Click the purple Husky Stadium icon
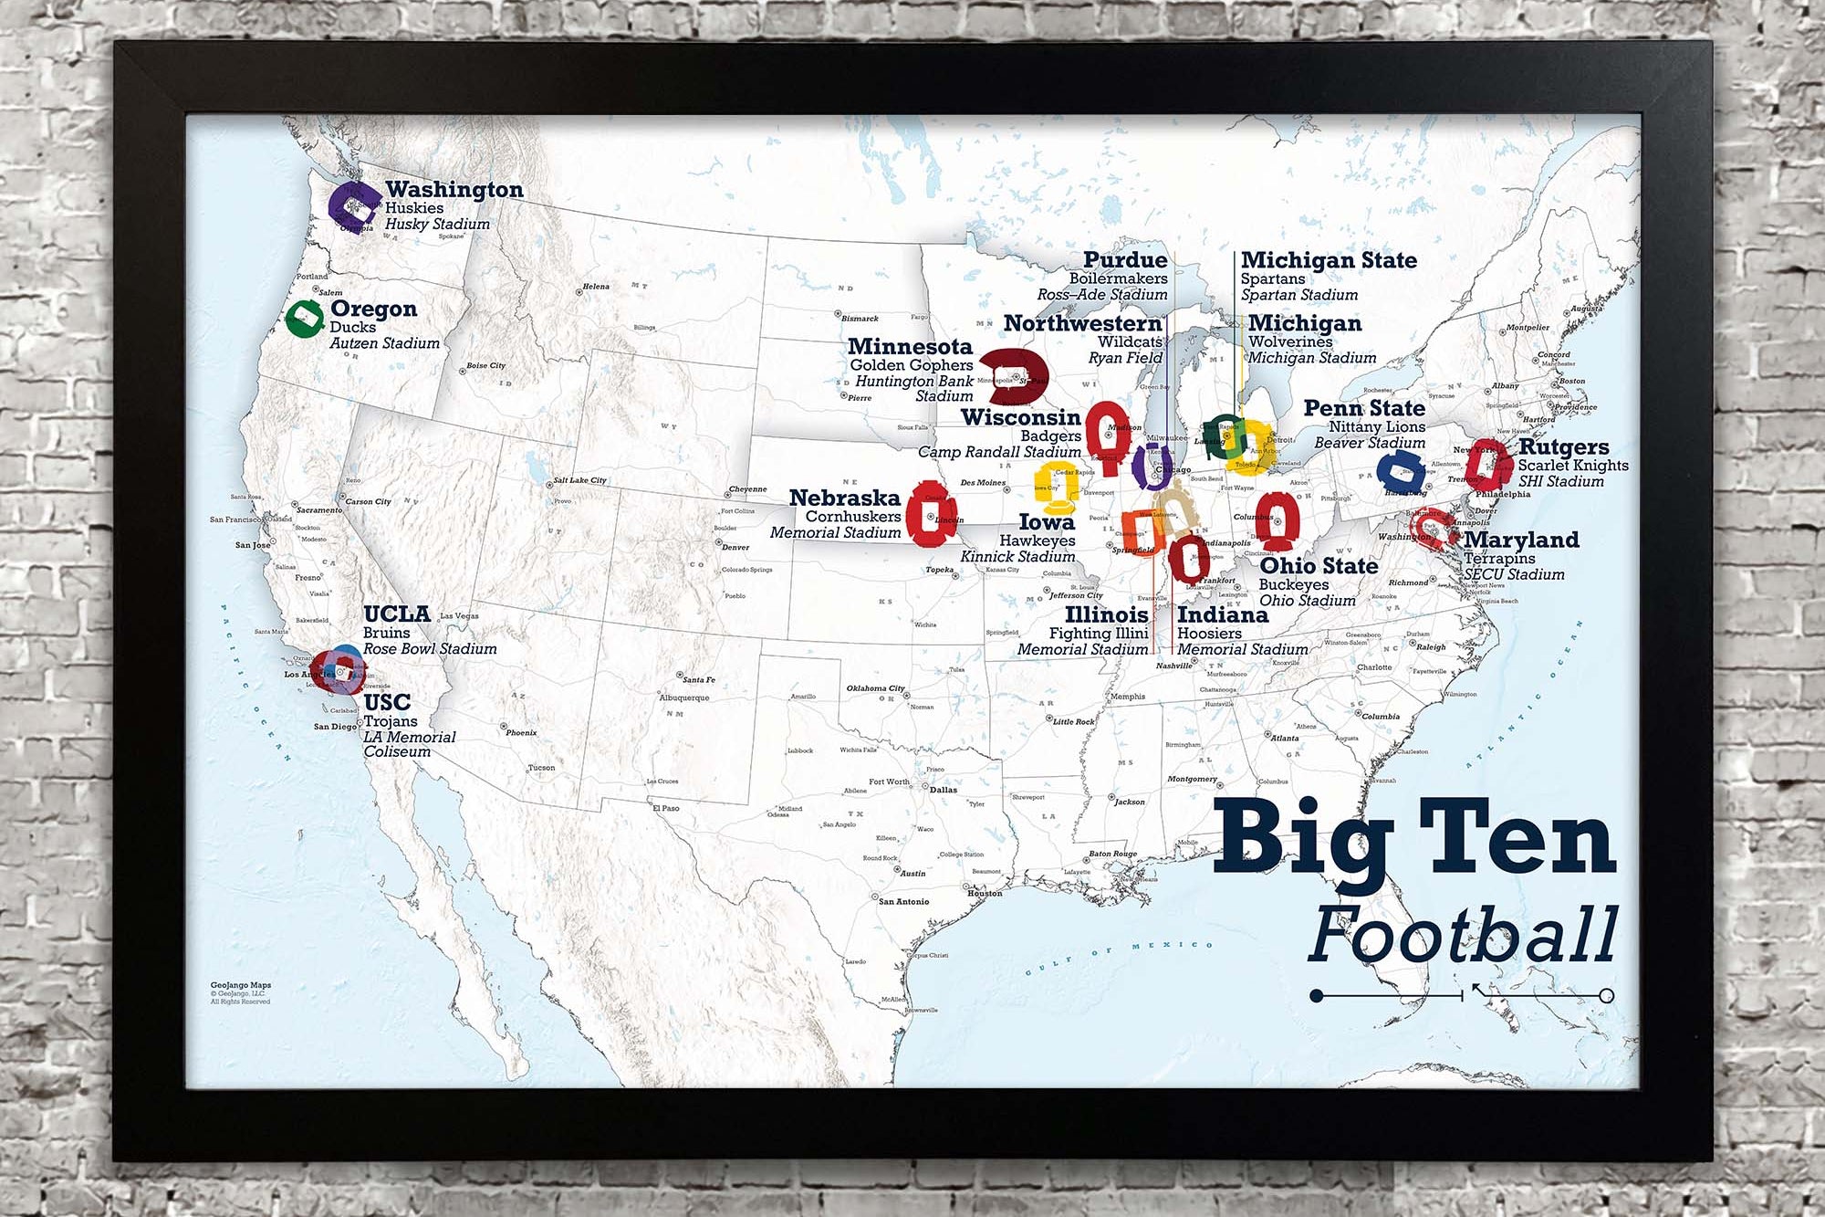point(352,205)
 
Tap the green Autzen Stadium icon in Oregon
point(304,318)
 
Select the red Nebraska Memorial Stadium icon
point(933,513)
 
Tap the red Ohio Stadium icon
point(1277,519)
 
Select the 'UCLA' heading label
point(396,614)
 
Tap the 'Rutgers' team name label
point(1563,447)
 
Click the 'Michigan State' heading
point(1329,261)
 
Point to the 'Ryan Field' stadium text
point(1125,358)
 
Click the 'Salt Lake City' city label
point(579,480)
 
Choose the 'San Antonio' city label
point(903,901)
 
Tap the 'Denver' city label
point(735,548)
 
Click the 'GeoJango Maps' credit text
point(241,985)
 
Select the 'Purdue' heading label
point(1125,261)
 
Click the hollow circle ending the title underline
point(1606,995)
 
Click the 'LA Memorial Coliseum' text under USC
point(409,744)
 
